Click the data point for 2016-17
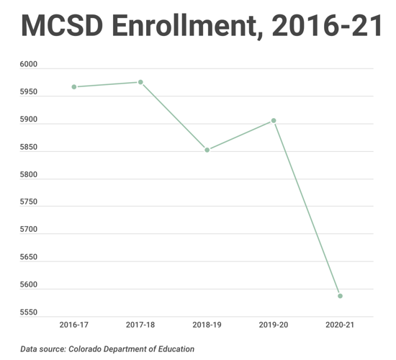74,87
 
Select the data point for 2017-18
140,82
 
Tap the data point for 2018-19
207,150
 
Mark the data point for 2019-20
274,120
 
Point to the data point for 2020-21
340,296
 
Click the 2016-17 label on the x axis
74,325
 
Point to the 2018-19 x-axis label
207,325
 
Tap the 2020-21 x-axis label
340,325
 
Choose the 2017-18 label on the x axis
140,325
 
